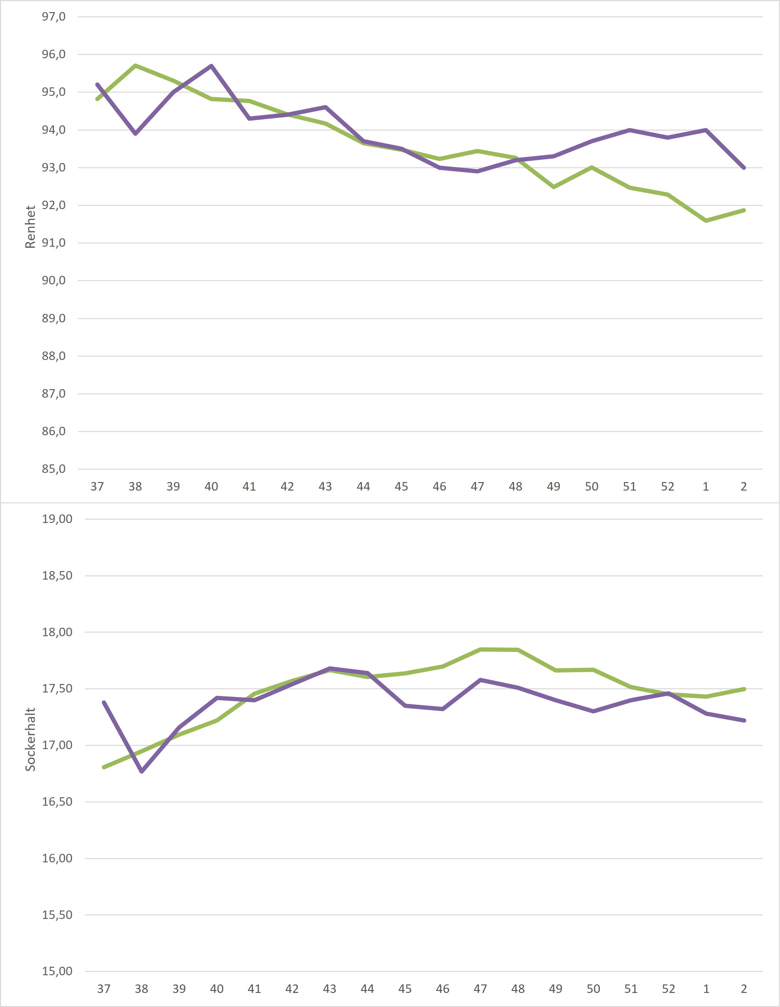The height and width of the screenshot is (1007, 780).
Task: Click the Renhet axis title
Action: click(30, 227)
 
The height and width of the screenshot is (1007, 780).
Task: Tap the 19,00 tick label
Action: click(57, 519)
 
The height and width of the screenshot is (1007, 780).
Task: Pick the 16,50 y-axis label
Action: click(57, 802)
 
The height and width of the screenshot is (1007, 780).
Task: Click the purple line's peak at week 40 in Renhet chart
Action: click(211, 66)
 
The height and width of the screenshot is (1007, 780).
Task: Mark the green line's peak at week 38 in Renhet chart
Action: click(135, 65)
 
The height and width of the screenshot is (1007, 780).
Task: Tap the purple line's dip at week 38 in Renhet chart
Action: click(135, 134)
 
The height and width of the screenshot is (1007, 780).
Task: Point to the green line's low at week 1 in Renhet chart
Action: click(706, 221)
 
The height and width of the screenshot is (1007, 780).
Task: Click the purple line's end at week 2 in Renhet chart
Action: click(744, 168)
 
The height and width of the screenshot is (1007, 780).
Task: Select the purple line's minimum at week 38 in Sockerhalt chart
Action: click(142, 771)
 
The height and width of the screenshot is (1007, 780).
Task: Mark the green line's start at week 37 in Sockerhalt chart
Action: click(104, 767)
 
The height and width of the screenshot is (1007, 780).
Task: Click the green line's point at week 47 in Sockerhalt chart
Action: click(480, 650)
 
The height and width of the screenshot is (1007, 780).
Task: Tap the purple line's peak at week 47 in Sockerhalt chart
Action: click(480, 680)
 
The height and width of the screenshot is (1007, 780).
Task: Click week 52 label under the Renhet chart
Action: click(667, 487)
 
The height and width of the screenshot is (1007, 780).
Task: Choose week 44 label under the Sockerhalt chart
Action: click(367, 989)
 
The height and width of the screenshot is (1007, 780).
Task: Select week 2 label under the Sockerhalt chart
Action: click(744, 989)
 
